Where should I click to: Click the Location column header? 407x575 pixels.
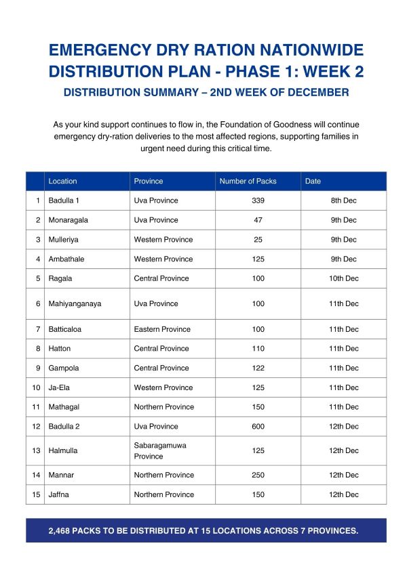coord(63,181)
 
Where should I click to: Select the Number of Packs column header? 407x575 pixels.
coord(248,181)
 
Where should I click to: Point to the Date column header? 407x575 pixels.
coord(313,181)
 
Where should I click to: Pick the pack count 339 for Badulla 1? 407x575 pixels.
coord(258,200)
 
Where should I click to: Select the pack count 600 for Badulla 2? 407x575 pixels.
coord(258,426)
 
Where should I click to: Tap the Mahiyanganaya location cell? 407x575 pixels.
coord(75,303)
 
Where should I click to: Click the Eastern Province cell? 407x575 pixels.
coord(161,329)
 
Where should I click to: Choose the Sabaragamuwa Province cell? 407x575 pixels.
coord(159,450)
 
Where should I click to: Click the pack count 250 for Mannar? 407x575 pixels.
coord(258,475)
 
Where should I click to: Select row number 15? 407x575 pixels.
coord(36,494)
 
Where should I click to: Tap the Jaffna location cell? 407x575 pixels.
coord(59,494)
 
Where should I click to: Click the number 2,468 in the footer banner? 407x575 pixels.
coord(62,530)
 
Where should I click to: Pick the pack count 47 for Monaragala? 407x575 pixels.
coord(258,220)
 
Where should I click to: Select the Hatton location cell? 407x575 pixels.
coord(60,349)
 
